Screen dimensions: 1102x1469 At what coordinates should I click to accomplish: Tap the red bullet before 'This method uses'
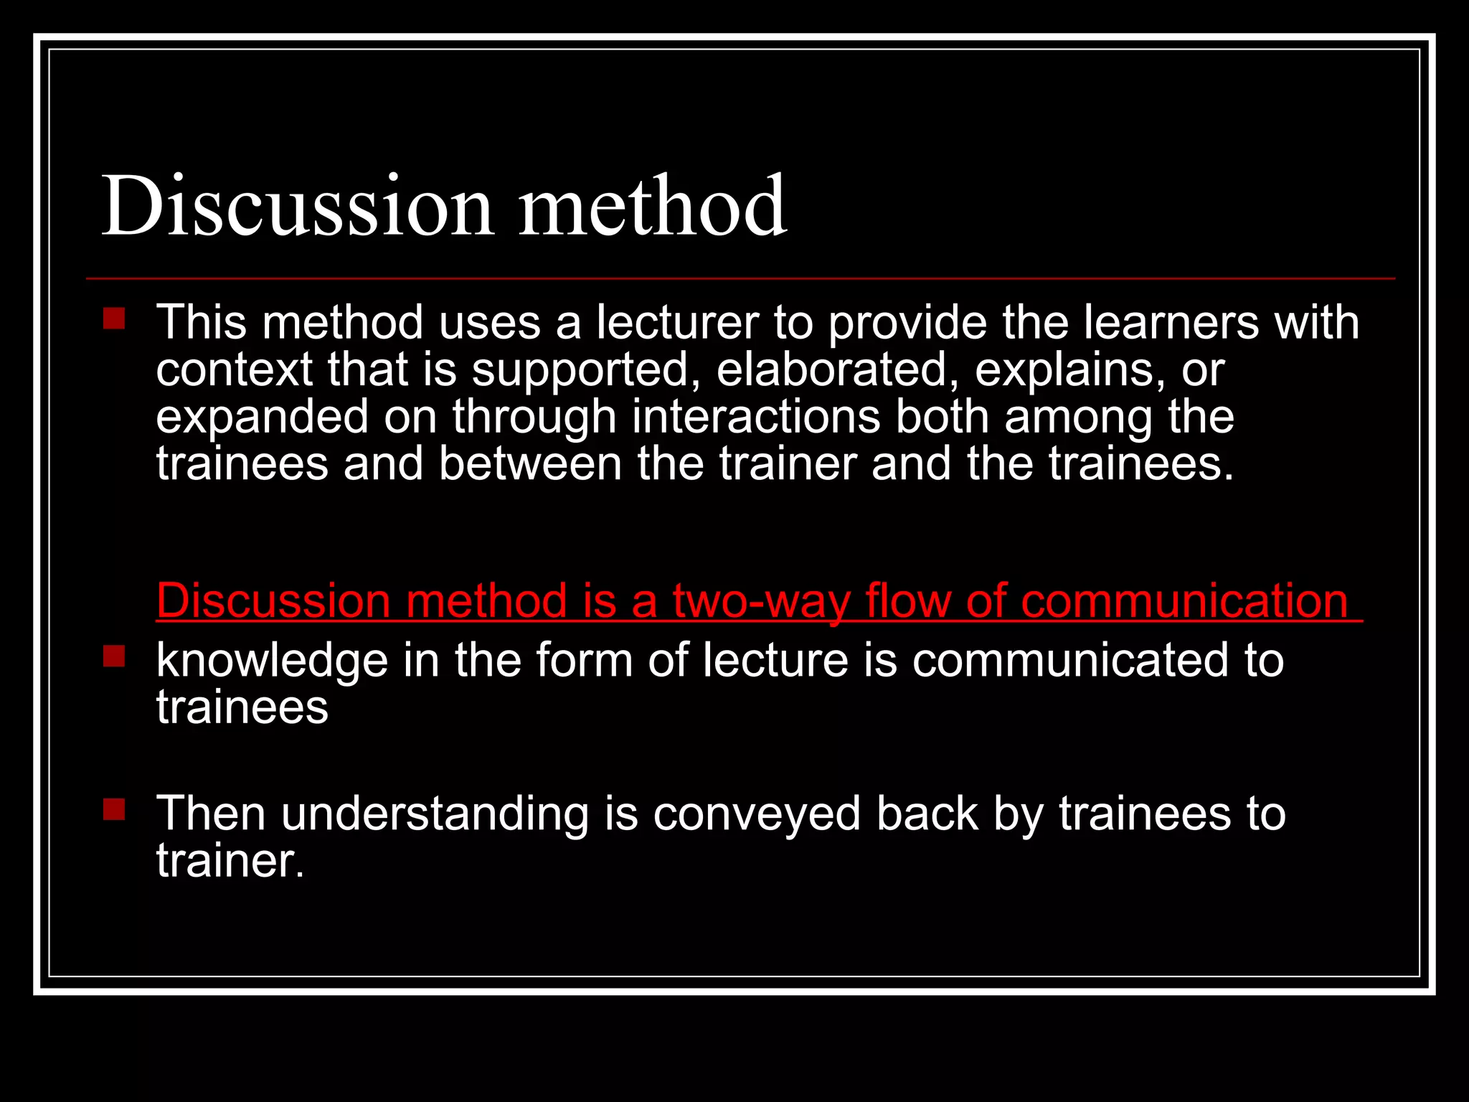click(x=113, y=319)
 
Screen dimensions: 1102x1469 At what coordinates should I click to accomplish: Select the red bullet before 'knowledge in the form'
click(x=113, y=656)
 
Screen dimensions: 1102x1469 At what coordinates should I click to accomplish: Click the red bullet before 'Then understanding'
click(x=113, y=809)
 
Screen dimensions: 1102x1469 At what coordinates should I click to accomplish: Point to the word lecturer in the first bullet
click(x=677, y=322)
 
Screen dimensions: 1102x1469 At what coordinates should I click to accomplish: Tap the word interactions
click(x=755, y=417)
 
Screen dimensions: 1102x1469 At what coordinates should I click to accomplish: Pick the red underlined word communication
click(x=1184, y=601)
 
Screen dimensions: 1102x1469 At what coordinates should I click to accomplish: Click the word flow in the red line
click(x=907, y=601)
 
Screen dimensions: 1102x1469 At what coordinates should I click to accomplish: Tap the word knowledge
click(x=272, y=660)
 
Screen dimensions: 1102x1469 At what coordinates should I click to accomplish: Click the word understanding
click(x=435, y=814)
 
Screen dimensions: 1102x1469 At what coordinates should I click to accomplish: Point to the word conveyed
click(x=757, y=814)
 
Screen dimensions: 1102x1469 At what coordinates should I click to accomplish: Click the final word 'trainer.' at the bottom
click(x=230, y=860)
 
